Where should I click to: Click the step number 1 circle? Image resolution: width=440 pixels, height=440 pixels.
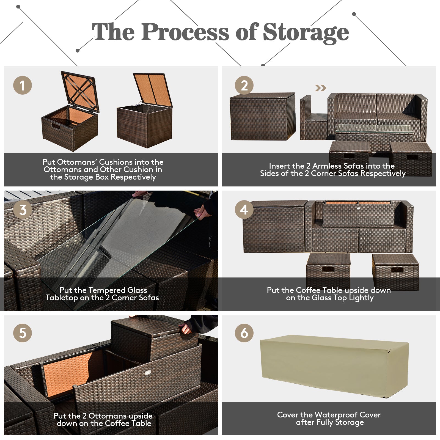click(23, 85)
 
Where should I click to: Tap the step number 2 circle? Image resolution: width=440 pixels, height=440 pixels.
click(244, 85)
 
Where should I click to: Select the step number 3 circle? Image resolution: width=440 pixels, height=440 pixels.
click(23, 210)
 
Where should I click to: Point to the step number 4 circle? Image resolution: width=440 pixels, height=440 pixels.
click(244, 210)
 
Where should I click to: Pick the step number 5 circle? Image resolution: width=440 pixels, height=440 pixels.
click(23, 333)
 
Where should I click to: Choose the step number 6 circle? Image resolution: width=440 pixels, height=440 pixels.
click(244, 333)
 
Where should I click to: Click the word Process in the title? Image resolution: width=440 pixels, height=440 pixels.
click(185, 32)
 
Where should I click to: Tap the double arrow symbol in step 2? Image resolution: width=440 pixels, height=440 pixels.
click(320, 88)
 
